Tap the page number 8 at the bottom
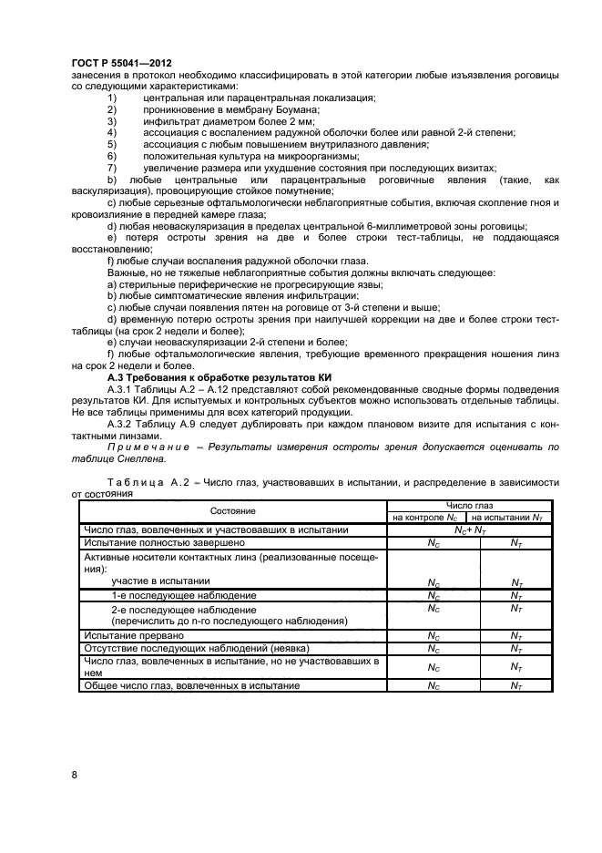coord(74,775)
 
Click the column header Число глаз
coord(469,505)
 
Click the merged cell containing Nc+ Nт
coord(469,529)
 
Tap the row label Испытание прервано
coord(134,634)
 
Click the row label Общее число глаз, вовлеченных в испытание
coord(191,685)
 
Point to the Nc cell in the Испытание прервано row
coord(434,634)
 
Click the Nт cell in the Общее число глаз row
coord(516,685)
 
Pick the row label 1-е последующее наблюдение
coord(170,595)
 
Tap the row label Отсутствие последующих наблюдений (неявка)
coord(178,647)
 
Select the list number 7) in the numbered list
coord(113,167)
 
